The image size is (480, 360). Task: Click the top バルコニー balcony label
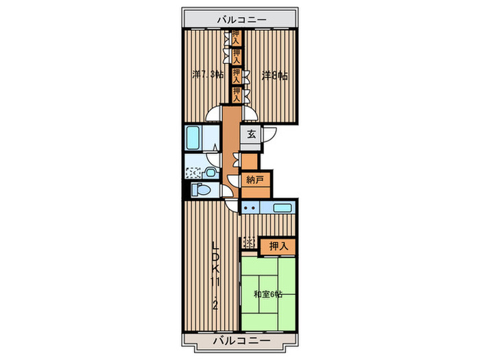pyautogui.click(x=242, y=20)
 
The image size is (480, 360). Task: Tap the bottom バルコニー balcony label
pyautogui.click(x=242, y=340)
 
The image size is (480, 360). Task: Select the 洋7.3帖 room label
pyautogui.click(x=208, y=75)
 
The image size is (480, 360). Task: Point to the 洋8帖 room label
pyautogui.click(x=274, y=75)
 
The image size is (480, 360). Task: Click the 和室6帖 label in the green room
pyautogui.click(x=268, y=294)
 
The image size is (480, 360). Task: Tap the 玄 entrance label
pyautogui.click(x=252, y=134)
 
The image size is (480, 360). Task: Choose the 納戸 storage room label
pyautogui.click(x=254, y=180)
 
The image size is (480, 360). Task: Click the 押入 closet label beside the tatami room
pyautogui.click(x=278, y=246)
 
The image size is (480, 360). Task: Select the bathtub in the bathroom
pyautogui.click(x=193, y=139)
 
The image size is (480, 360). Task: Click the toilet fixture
pyautogui.click(x=201, y=190)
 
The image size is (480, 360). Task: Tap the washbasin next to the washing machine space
pyautogui.click(x=210, y=173)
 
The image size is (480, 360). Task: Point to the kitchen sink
pyautogui.click(x=282, y=208)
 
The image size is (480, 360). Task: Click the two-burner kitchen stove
pyautogui.click(x=250, y=208)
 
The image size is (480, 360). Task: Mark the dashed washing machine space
pyautogui.click(x=193, y=173)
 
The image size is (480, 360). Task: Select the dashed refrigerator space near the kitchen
pyautogui.click(x=248, y=243)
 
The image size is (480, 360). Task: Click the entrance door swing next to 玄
pyautogui.click(x=270, y=134)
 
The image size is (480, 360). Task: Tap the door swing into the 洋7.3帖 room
pyautogui.click(x=213, y=114)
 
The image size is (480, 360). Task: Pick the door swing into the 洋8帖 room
pyautogui.click(x=250, y=114)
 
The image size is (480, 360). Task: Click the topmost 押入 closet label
pyautogui.click(x=235, y=37)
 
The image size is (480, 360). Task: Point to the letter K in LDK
pyautogui.click(x=216, y=269)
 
